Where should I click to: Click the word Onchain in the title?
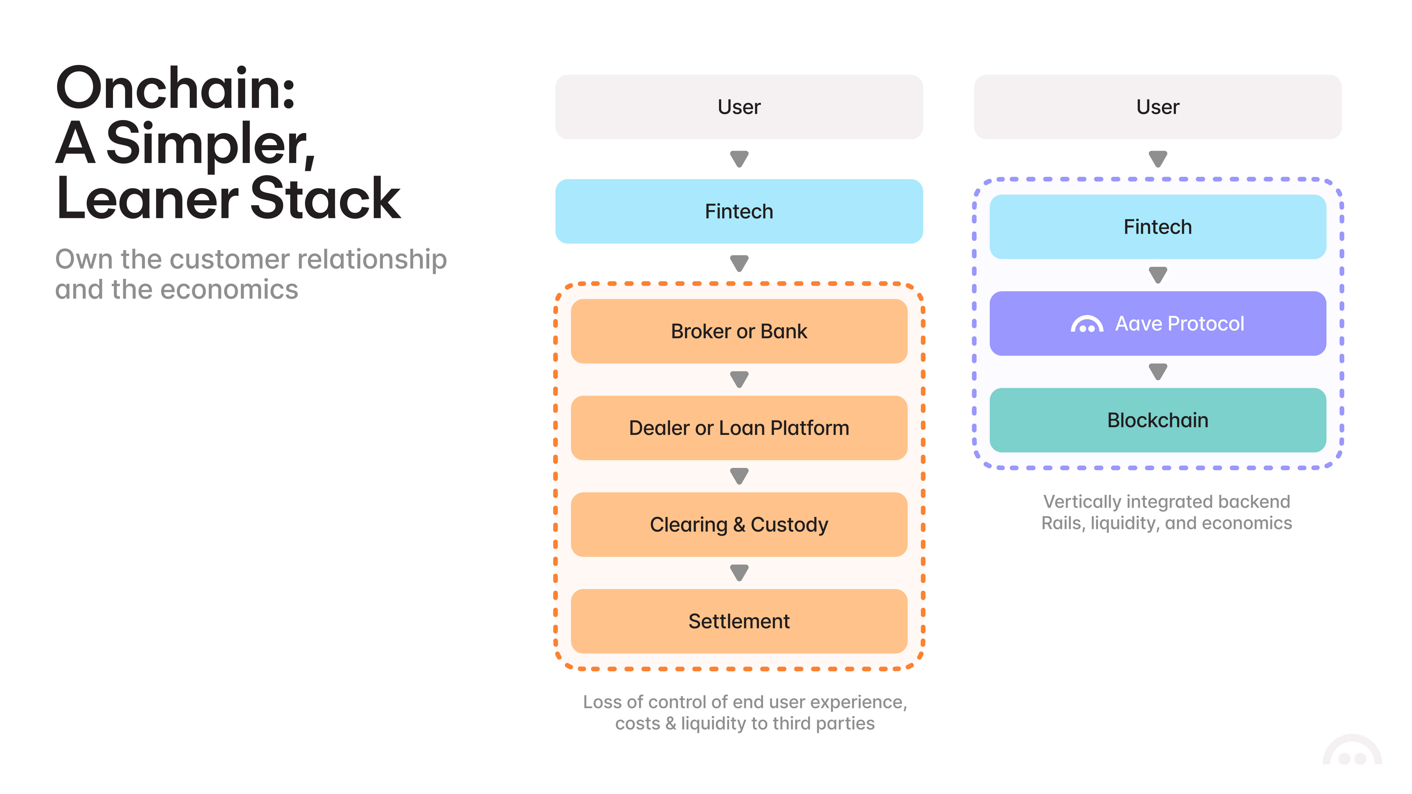pyautogui.click(x=176, y=89)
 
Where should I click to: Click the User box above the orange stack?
pyautogui.click(x=739, y=107)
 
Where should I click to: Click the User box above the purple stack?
pyautogui.click(x=1157, y=107)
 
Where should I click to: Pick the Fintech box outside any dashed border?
pyautogui.click(x=739, y=211)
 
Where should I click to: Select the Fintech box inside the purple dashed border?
pyautogui.click(x=1157, y=227)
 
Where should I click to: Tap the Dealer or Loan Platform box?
pyautogui.click(x=739, y=428)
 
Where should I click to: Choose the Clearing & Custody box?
pyautogui.click(x=739, y=525)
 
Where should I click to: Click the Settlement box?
pyautogui.click(x=739, y=621)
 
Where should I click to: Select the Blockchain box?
pyautogui.click(x=1157, y=420)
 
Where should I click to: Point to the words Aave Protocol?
pyautogui.click(x=1180, y=324)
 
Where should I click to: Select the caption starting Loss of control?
pyautogui.click(x=744, y=712)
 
